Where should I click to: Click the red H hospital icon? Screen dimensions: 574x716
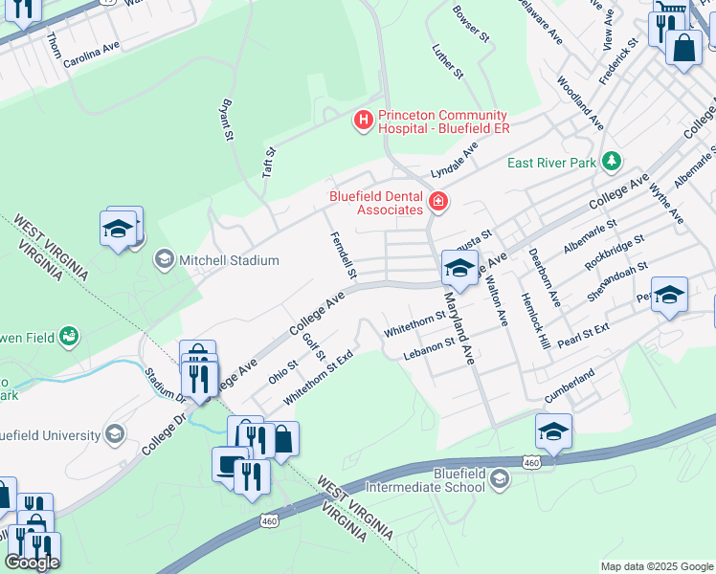(x=364, y=121)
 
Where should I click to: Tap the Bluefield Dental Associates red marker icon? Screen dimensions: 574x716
(x=438, y=202)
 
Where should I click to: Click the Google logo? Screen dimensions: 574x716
(x=32, y=562)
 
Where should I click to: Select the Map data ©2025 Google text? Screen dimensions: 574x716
(x=656, y=566)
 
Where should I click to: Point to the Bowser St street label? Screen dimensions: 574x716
(x=471, y=24)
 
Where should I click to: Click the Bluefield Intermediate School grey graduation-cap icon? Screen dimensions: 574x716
(x=499, y=479)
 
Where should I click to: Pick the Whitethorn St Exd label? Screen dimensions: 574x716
(x=319, y=374)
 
